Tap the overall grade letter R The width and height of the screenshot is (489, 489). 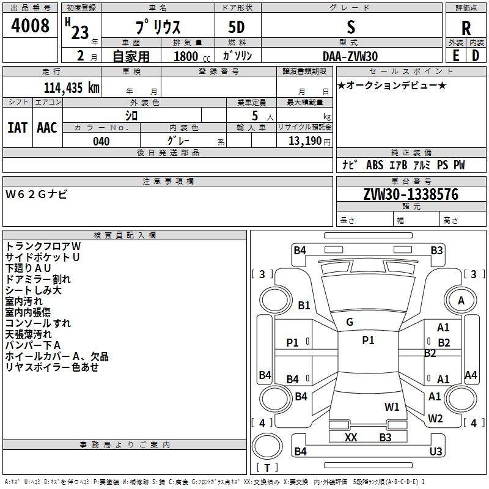click(466, 28)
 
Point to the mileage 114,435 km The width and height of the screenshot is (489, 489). click(72, 87)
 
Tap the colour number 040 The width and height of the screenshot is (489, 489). click(101, 141)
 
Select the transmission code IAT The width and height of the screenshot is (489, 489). click(17, 127)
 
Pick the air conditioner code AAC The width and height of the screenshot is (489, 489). click(47, 127)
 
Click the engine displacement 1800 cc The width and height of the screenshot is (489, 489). click(186, 56)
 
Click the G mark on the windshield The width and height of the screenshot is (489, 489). click(350, 322)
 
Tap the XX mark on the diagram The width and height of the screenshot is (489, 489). click(351, 437)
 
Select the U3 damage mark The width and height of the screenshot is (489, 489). click(435, 451)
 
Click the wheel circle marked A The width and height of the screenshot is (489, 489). click(461, 300)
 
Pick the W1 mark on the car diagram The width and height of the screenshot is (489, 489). click(392, 406)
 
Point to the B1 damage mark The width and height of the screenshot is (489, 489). click(304, 305)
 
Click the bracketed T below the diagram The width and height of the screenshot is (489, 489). click(267, 468)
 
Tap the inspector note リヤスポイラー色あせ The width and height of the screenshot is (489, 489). click(52, 367)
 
